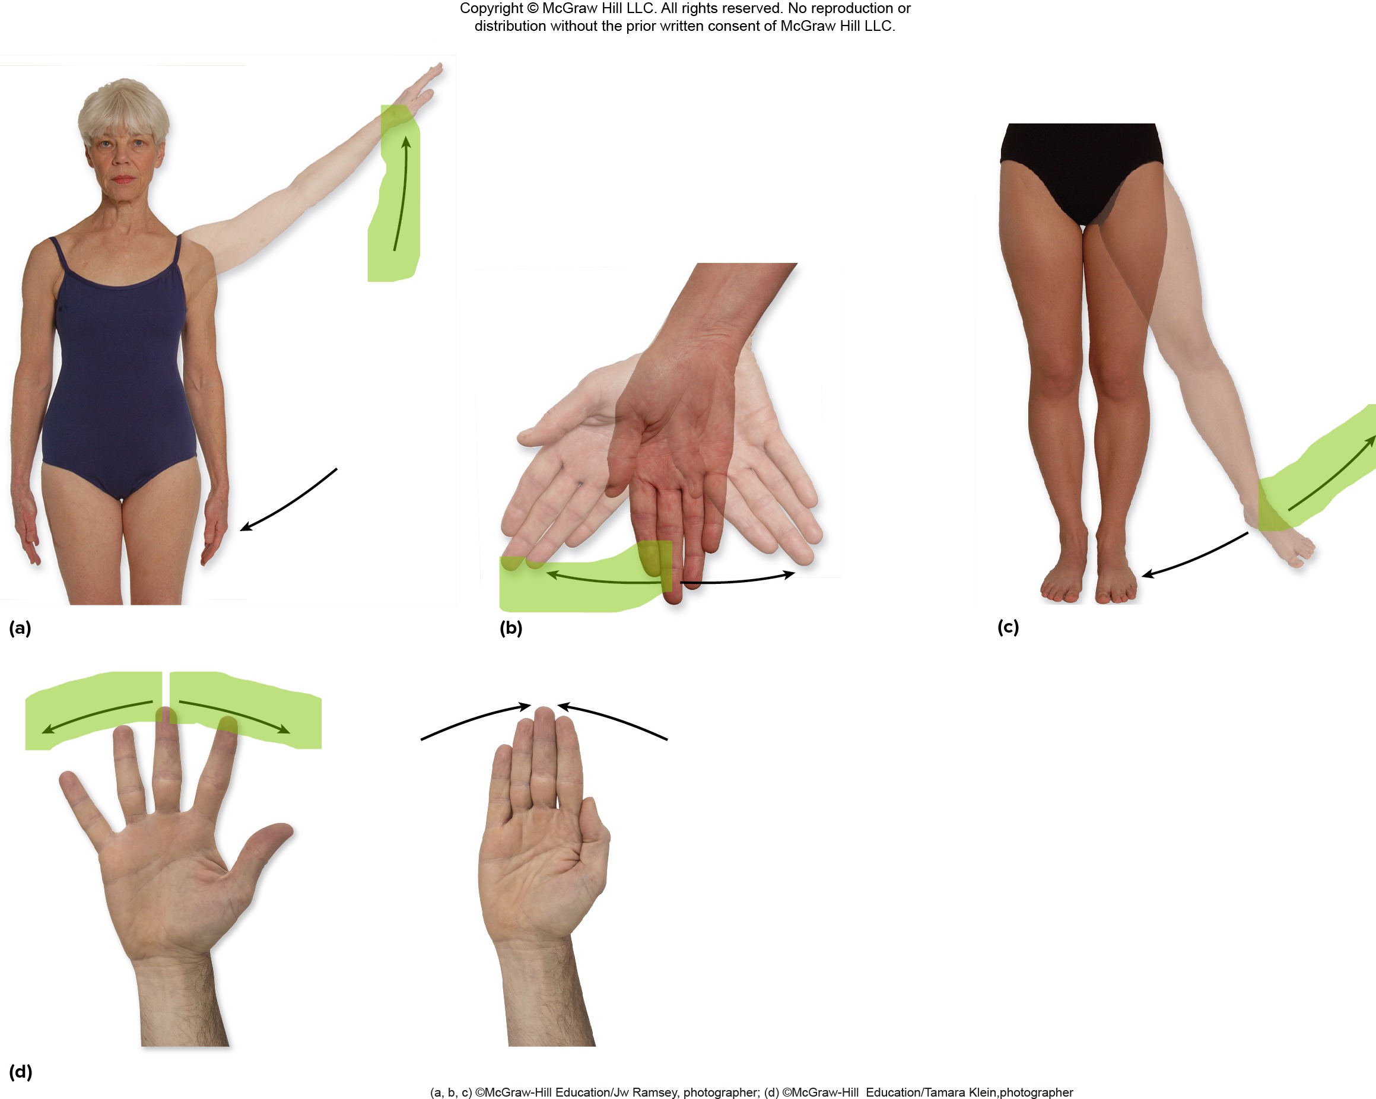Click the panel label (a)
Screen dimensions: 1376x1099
[x=20, y=628]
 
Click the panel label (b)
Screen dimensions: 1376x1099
[x=510, y=628]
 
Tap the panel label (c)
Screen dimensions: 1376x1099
[x=1008, y=627]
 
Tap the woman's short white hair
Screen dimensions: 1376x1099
[x=124, y=112]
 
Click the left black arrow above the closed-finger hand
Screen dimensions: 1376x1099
[x=475, y=719]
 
